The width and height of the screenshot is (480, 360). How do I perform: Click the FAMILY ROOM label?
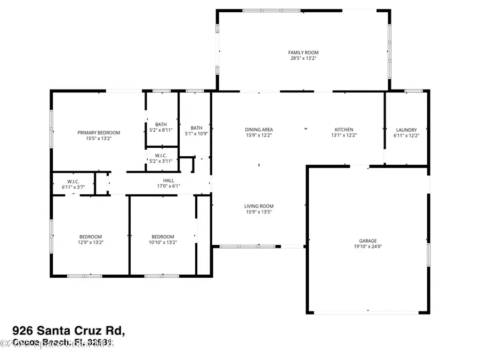point(303,52)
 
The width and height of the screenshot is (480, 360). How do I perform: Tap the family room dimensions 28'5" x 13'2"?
point(303,58)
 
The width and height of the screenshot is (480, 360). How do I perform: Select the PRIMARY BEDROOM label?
point(99,133)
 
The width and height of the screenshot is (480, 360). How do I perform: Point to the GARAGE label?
point(367,241)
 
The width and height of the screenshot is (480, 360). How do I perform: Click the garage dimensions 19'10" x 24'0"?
point(367,246)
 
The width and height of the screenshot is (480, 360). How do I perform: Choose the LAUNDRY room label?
point(406,130)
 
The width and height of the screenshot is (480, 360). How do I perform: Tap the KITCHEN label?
point(344,130)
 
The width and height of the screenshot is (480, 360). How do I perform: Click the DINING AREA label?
point(259,130)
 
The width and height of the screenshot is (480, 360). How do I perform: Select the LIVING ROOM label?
point(259,206)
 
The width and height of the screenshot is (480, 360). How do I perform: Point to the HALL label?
point(169,180)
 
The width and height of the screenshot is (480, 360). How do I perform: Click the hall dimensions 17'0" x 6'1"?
point(169,186)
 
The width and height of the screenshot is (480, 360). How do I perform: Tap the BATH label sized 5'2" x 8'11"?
point(161,124)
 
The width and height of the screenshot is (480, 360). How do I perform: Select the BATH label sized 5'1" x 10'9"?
point(197,127)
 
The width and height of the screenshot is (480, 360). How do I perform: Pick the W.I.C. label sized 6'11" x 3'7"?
point(73,181)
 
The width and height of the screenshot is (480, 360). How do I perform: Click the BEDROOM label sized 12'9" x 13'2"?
point(91,237)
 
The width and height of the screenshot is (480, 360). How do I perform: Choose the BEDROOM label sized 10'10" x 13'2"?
point(163,237)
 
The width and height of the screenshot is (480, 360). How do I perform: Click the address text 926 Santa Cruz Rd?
point(69,331)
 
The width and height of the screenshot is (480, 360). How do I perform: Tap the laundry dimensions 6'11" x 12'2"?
point(406,135)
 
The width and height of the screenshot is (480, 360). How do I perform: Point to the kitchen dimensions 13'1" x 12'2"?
point(344,135)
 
